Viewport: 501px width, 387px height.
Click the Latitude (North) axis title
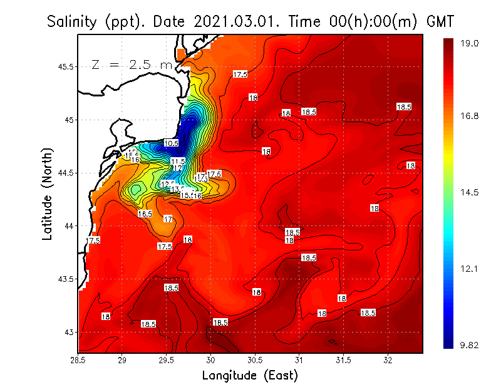(48, 194)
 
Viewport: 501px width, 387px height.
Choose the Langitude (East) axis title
(249, 376)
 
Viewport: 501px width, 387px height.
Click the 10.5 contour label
(171, 143)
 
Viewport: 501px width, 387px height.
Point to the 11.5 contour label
(178, 162)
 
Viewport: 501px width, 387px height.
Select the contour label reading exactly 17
(168, 219)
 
